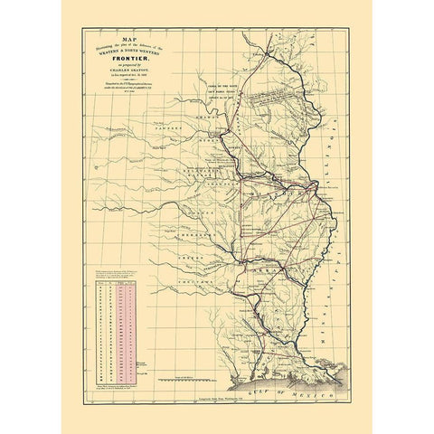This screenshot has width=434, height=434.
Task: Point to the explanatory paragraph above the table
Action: (115, 270)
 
